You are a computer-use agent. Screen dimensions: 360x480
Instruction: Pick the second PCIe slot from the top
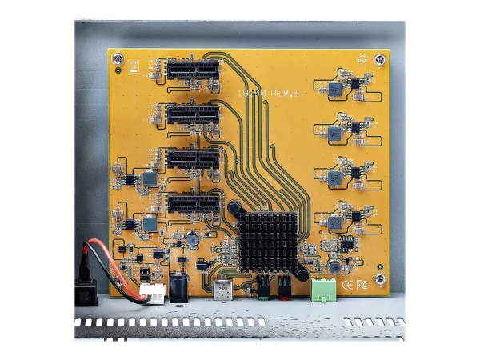click(x=193, y=114)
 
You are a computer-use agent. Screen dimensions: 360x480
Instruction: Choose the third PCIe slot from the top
click(x=193, y=158)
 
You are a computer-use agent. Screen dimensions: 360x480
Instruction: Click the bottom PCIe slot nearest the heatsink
click(x=193, y=202)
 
